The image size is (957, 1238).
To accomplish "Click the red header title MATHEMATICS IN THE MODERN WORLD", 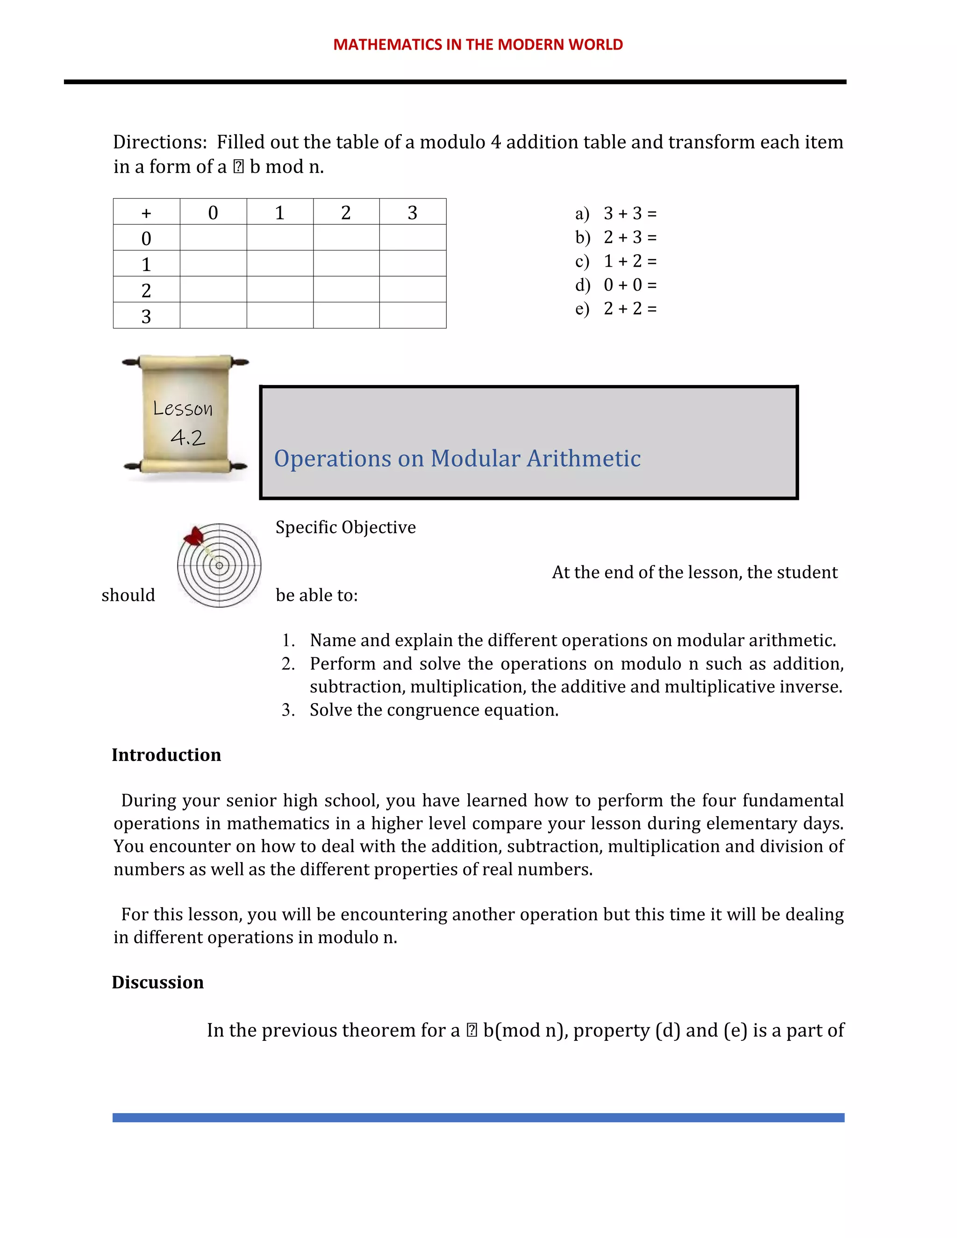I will tap(478, 44).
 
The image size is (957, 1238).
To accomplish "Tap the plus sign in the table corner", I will tap(146, 213).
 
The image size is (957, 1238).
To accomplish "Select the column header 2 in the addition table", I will tap(346, 213).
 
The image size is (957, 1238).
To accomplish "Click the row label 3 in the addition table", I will tap(146, 316).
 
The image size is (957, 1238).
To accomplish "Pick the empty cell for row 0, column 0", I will tap(213, 237).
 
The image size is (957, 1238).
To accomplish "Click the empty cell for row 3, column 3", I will tap(413, 315).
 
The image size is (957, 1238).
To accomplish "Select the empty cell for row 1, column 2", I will tap(346, 263).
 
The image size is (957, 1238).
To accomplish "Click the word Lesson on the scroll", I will tap(183, 408).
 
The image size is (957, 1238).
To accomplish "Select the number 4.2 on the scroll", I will tap(188, 438).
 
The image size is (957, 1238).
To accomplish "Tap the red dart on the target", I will tap(195, 536).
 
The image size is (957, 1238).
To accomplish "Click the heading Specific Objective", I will tap(345, 527).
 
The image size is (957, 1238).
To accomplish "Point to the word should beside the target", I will tap(128, 595).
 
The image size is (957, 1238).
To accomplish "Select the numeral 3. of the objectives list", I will tap(288, 710).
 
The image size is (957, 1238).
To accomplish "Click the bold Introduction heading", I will tap(166, 755).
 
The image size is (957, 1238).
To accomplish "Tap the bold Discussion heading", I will tap(157, 982).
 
